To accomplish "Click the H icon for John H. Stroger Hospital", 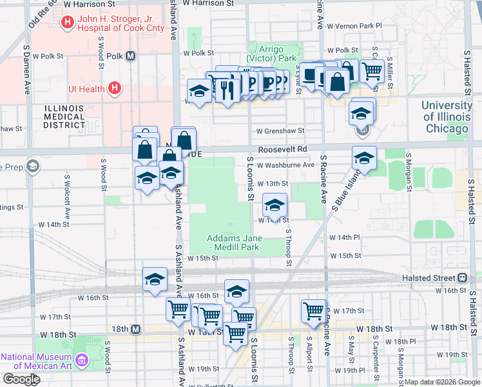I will [67, 24].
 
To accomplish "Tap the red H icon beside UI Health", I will [115, 88].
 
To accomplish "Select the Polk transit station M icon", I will [131, 56].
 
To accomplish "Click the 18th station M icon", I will [136, 329].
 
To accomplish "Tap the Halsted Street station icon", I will [462, 277].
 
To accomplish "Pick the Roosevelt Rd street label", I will [283, 149].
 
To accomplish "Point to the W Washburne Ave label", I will [285, 165].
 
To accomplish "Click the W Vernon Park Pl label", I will [354, 26].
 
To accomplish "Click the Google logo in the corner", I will [21, 379].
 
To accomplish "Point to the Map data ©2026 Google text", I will [441, 382].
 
